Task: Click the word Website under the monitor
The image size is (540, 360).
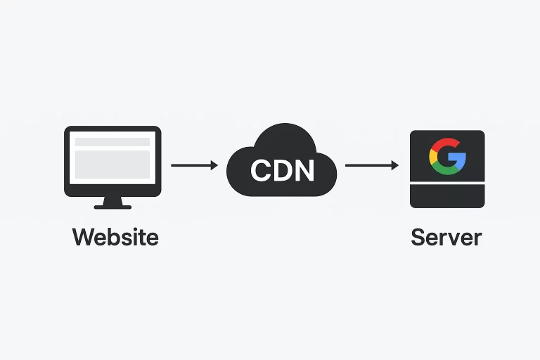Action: point(115,236)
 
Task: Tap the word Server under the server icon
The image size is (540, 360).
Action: point(446,236)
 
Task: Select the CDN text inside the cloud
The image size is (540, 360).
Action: point(282,169)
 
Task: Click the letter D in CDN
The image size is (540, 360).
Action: point(283,169)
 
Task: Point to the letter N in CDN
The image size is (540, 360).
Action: point(303,169)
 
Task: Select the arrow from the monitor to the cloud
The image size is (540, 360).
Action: point(194,165)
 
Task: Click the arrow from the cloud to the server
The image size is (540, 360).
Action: point(371,165)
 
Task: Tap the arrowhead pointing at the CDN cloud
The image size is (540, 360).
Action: point(214,165)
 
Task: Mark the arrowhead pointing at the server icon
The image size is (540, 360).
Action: point(394,165)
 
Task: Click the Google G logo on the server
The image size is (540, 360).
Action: point(447,155)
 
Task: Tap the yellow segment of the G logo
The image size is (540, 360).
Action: point(433,155)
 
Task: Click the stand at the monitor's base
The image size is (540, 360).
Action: point(112,203)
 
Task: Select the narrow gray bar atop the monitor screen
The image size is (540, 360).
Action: point(112,142)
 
